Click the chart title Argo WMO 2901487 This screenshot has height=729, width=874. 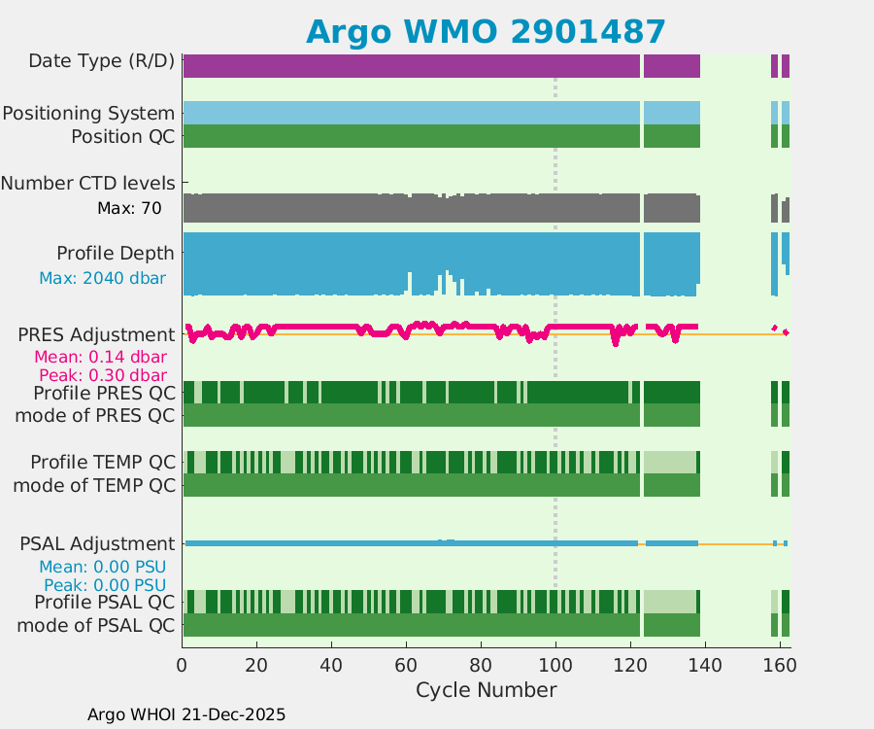(x=486, y=32)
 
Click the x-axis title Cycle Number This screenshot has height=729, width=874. (x=486, y=690)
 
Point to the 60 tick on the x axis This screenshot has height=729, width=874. (x=406, y=666)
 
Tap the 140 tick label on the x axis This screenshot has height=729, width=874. (x=704, y=666)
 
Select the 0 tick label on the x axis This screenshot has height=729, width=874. (x=183, y=666)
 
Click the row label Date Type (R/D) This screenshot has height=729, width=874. (x=102, y=61)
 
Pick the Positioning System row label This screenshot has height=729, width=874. (x=88, y=114)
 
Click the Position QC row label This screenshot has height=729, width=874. (x=123, y=136)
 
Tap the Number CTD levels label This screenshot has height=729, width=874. (x=87, y=183)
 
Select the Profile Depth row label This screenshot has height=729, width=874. (x=116, y=254)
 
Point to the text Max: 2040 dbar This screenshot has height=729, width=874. (x=102, y=278)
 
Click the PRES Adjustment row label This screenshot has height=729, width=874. (x=97, y=335)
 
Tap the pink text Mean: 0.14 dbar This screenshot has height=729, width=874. (x=102, y=357)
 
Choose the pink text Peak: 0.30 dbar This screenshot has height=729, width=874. (x=102, y=375)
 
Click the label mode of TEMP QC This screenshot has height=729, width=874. (x=95, y=484)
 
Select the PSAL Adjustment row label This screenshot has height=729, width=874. (x=97, y=543)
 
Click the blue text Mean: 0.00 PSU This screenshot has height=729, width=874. (x=102, y=567)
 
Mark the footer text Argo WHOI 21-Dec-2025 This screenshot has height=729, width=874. (x=186, y=714)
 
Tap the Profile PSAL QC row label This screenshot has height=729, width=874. (x=102, y=602)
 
